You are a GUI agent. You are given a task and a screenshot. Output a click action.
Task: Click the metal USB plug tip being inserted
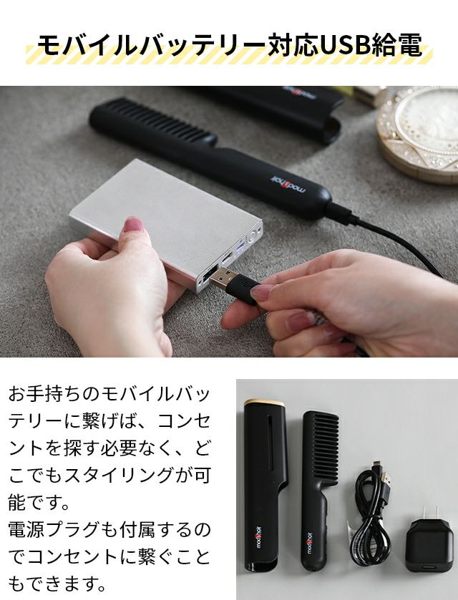tap(223, 278)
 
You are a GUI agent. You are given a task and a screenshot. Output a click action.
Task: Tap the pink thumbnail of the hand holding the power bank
tap(132, 225)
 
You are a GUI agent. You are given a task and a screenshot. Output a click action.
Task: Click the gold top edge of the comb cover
tap(265, 403)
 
